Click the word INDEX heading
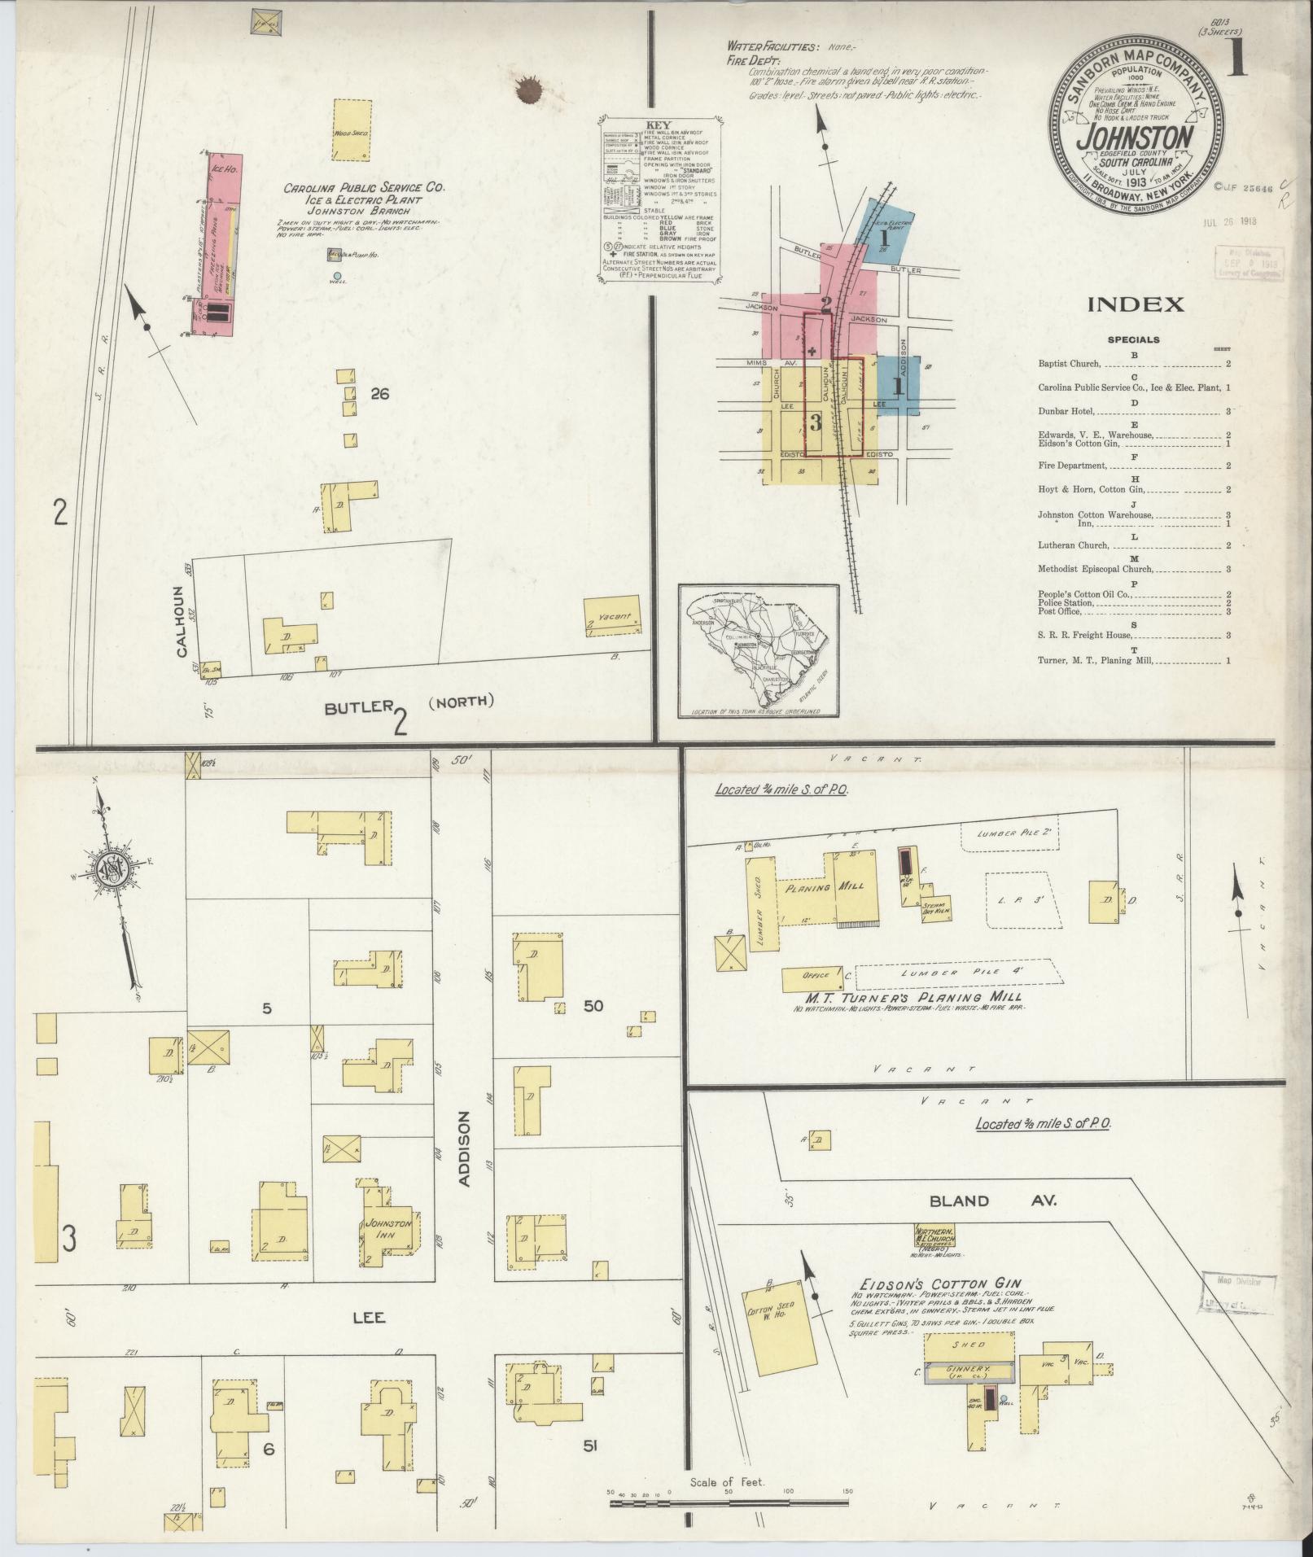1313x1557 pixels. (1136, 305)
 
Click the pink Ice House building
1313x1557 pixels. (217, 244)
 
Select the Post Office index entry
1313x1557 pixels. (1059, 611)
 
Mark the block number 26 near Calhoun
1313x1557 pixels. (379, 394)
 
